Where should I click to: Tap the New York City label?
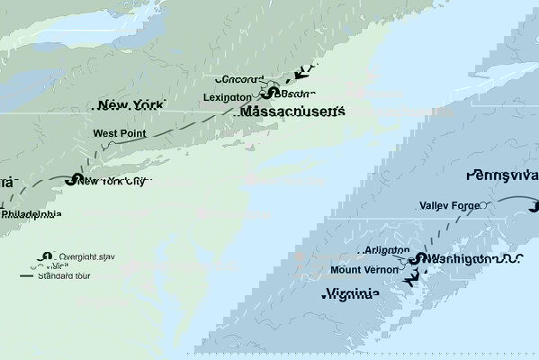pos(114,181)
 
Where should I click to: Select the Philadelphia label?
pos(31,214)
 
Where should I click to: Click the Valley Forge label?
pos(447,205)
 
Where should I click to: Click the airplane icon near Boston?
pos(310,70)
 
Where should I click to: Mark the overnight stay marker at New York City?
pos(71,180)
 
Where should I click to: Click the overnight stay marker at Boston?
pos(268,93)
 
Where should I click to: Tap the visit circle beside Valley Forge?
pos(486,205)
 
